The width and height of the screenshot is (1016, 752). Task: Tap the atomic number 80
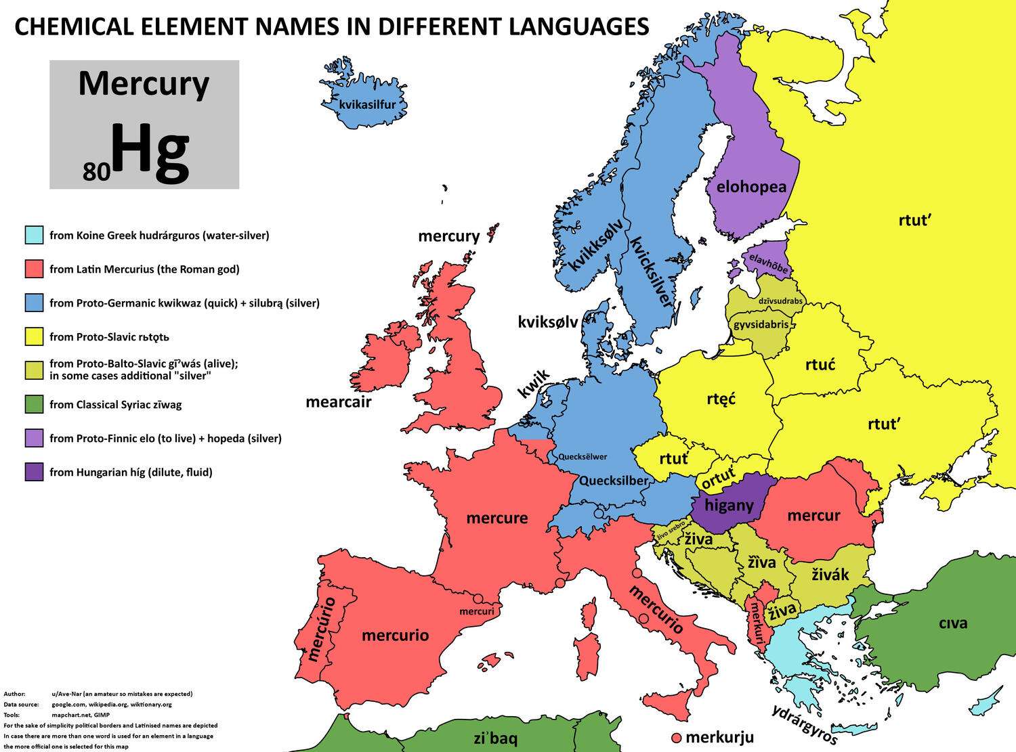(96, 173)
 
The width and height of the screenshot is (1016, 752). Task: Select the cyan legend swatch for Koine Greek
(34, 236)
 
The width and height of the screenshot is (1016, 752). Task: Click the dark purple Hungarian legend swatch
(34, 472)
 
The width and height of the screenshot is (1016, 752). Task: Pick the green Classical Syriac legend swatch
(34, 405)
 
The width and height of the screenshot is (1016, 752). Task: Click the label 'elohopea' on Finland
(751, 186)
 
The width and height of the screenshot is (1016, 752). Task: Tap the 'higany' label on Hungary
(729, 505)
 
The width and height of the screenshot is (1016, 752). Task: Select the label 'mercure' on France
(497, 518)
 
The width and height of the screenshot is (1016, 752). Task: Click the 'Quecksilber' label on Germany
(614, 481)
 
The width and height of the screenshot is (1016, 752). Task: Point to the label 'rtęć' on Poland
(721, 399)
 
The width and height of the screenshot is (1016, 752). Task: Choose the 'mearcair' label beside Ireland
(339, 402)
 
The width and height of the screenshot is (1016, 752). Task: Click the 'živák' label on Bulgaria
(830, 575)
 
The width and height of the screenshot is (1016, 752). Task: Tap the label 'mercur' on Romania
(813, 516)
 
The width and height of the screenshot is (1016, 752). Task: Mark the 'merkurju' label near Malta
(719, 737)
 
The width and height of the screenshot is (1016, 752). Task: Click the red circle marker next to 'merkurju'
(675, 737)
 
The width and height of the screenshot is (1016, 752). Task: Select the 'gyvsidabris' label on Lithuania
(761, 324)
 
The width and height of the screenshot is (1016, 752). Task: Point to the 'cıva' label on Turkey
(953, 623)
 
